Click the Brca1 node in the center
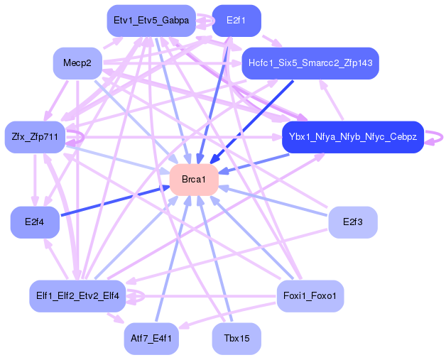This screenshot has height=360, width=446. point(193,180)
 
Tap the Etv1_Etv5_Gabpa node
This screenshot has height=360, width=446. point(151,21)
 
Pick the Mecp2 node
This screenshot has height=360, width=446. point(77,64)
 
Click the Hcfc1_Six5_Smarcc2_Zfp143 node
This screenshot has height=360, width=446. point(310,63)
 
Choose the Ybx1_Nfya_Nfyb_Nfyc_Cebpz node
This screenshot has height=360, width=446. point(352,136)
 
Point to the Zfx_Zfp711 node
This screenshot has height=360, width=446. point(35,136)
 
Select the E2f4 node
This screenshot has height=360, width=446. point(34,222)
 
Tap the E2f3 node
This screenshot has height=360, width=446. point(352,222)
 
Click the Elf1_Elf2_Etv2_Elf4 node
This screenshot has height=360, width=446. point(77,295)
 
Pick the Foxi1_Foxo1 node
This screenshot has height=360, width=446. point(309,295)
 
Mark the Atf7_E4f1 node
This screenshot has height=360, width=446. point(151,338)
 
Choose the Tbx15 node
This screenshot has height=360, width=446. point(236,338)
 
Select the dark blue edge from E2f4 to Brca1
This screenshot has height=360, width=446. point(114,200)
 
